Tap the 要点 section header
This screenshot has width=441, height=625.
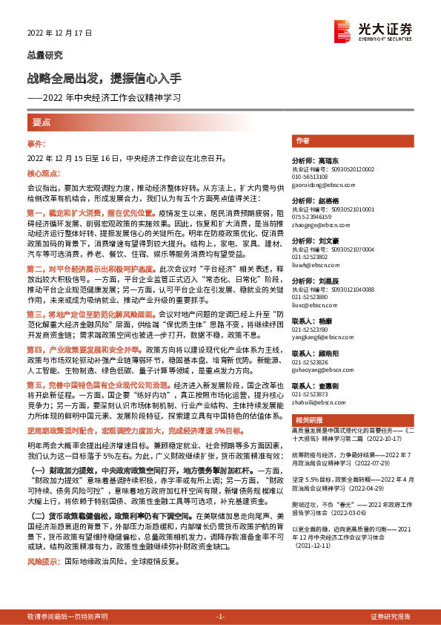pos(42,122)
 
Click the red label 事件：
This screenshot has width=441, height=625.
pos(36,142)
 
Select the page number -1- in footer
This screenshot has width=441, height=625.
pos(220,616)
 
